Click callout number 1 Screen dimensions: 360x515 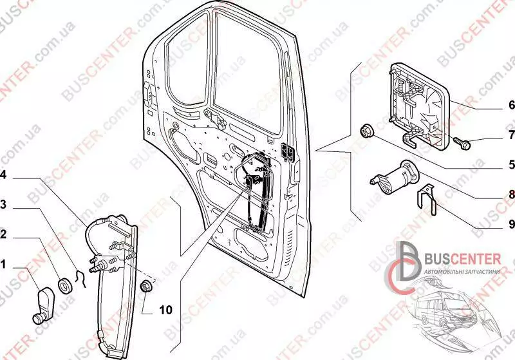4,264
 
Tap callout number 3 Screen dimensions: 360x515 4,205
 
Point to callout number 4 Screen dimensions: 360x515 4,175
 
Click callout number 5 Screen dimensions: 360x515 512,164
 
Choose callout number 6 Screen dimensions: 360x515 512,104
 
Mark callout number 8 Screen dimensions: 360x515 512,194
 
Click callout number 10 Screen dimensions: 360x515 165,310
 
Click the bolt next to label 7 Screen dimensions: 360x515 463,143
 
